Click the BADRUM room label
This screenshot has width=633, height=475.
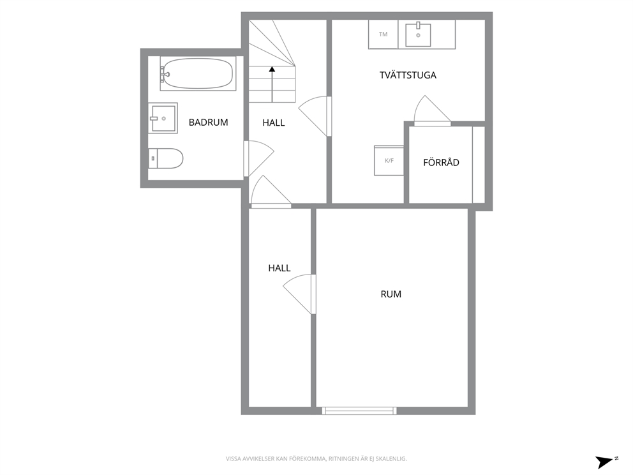tap(208, 122)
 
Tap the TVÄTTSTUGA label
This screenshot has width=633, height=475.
tap(408, 75)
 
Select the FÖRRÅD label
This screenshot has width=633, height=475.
tap(441, 162)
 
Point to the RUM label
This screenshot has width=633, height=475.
tap(391, 294)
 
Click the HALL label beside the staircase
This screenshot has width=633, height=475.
tap(273, 123)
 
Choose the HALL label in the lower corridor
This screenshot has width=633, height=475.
tap(279, 268)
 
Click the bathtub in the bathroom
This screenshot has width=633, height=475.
tap(198, 73)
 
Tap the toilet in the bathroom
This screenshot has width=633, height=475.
tap(165, 158)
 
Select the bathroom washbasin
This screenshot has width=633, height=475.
tap(163, 118)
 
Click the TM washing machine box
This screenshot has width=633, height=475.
tap(383, 34)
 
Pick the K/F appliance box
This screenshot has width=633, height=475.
tap(389, 160)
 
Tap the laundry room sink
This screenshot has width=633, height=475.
tap(418, 34)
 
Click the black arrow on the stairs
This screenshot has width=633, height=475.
tap(272, 84)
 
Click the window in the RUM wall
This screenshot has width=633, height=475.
tap(359, 411)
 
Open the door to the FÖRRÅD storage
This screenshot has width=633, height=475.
tap(432, 111)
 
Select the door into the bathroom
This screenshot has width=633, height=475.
tap(259, 158)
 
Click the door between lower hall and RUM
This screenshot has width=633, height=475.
tap(299, 294)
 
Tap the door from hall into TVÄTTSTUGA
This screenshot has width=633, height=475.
tap(315, 116)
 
